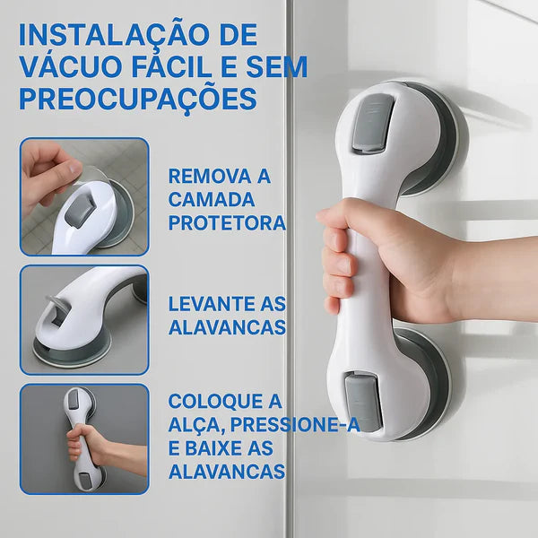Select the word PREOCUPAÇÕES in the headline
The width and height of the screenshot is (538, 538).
click(x=138, y=99)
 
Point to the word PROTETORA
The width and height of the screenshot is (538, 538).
click(x=227, y=222)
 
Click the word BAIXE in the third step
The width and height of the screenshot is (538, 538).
click(x=209, y=448)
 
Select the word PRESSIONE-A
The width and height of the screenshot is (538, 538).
click(x=295, y=424)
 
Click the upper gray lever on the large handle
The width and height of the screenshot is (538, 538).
click(x=373, y=123)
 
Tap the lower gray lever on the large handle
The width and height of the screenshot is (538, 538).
click(x=363, y=402)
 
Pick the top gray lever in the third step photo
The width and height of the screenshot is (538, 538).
click(x=74, y=400)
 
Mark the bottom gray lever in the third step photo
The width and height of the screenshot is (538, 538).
click(x=84, y=481)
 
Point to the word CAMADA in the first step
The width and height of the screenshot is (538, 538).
click(x=212, y=199)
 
